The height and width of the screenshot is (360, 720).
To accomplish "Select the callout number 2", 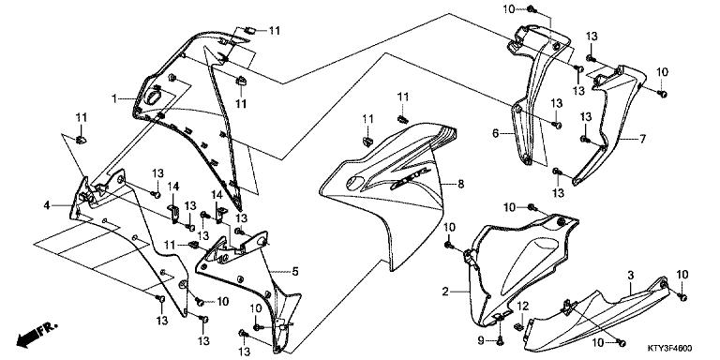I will click(445, 293).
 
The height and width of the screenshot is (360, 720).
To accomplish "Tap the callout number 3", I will click(630, 273).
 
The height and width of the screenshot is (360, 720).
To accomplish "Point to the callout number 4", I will click(46, 204).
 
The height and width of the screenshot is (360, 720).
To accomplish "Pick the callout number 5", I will click(294, 272).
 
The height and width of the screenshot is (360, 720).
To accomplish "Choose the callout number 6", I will click(496, 134).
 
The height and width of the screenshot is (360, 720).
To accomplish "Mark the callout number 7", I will click(643, 139).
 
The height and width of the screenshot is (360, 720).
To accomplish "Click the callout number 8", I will click(460, 186).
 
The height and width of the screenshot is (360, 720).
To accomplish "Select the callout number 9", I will click(480, 338).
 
